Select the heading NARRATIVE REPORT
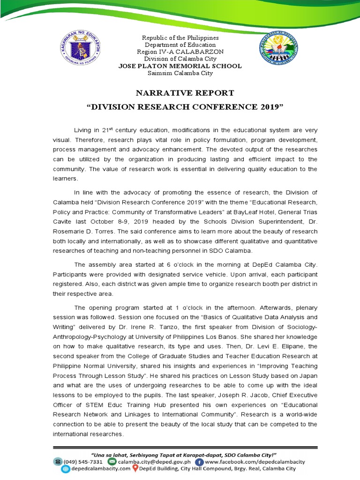pos(180,93)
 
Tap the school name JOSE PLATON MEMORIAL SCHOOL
pos(180,66)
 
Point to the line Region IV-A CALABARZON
pos(180,52)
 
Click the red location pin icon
pos(135,468)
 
